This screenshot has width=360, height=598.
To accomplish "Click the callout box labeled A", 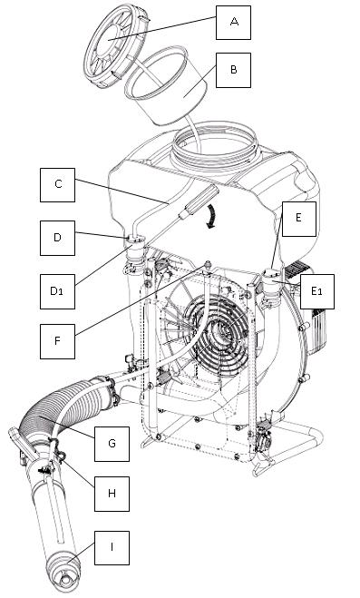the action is (x=233, y=23).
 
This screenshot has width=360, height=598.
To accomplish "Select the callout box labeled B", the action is (x=233, y=70).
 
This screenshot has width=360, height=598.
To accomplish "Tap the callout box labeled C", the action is (x=57, y=185).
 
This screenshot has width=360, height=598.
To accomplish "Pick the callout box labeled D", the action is (x=57, y=238).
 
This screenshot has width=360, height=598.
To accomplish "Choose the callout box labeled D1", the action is (x=57, y=291).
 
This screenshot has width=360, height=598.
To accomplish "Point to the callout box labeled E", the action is (x=298, y=219).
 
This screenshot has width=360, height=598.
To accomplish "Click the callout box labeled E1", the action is (x=317, y=291).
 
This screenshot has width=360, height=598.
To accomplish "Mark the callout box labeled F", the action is (x=57, y=341).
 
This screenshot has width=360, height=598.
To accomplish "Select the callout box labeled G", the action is (x=112, y=444).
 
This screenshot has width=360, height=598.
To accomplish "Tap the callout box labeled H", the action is (x=112, y=494).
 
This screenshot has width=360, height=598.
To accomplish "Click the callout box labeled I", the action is (x=112, y=548).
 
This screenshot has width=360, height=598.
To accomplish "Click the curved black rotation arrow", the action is (x=210, y=216).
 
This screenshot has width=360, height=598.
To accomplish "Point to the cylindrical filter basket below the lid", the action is (x=166, y=87).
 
